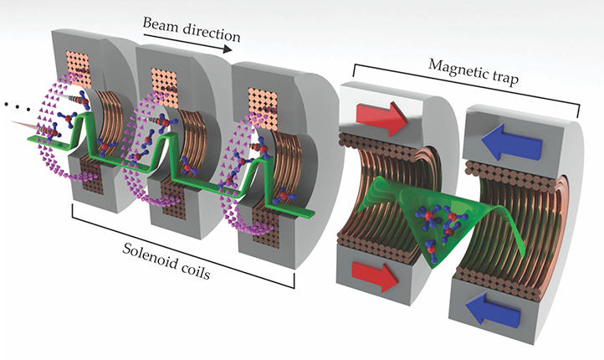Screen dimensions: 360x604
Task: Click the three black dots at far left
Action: tap(13, 107)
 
